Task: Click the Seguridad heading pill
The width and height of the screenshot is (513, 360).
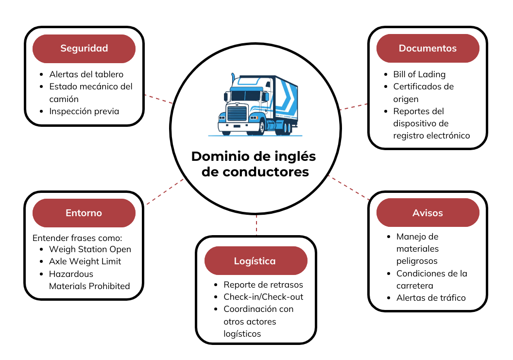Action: tap(84, 48)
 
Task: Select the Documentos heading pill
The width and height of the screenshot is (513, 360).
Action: tap(427, 48)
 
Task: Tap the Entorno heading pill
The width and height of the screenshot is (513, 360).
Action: tap(84, 213)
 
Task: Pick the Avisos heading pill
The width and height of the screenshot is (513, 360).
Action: tap(427, 213)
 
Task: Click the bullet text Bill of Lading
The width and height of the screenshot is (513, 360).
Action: tap(419, 74)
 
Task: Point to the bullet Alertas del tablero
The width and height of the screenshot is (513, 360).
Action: tap(86, 74)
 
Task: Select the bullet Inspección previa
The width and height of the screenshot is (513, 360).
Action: tap(84, 111)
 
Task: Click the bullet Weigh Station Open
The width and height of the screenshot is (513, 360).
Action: tap(90, 249)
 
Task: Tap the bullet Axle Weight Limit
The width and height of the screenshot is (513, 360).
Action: tap(85, 261)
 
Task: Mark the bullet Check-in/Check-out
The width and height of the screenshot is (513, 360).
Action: tap(263, 297)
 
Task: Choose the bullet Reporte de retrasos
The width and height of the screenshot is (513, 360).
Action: tap(263, 285)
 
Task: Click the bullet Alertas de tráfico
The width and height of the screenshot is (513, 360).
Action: tap(431, 298)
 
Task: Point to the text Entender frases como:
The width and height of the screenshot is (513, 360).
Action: tap(77, 238)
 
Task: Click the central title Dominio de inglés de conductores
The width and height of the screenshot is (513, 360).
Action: tap(254, 164)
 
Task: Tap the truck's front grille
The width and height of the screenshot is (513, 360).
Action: tap(237, 114)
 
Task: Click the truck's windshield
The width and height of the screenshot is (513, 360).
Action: tap(245, 96)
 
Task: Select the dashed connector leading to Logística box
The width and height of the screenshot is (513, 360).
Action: tap(256, 226)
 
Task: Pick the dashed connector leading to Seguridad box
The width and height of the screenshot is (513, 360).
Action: tap(158, 99)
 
